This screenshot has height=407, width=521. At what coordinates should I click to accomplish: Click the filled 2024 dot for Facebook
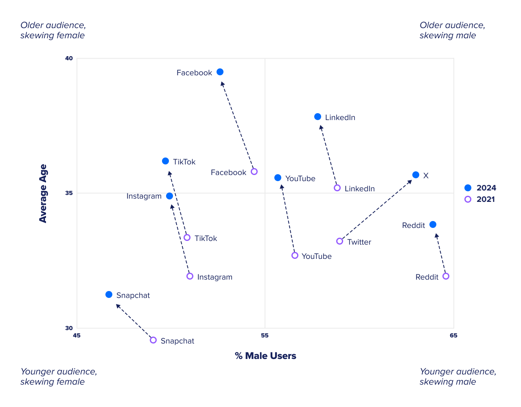pos(220,72)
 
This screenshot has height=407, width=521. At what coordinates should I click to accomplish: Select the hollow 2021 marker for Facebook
pos(254,172)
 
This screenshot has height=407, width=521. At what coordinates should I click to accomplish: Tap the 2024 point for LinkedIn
pos(317,117)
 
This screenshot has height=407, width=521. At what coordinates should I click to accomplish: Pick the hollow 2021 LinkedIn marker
pos(337,188)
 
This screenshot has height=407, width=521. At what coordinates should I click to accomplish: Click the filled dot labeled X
pos(416,175)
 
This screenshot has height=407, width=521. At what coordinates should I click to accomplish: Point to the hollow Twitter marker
pos(339,241)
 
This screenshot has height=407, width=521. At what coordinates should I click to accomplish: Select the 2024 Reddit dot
pos(433,225)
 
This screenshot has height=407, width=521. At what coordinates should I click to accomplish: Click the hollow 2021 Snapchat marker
pos(153,340)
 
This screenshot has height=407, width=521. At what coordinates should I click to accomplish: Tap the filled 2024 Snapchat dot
pos(109,295)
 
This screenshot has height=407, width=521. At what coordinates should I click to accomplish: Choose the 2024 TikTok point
pos(165,161)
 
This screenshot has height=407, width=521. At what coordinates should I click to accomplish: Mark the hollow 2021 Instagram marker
pos(190,276)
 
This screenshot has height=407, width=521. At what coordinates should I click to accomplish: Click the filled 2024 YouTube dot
pos(278,178)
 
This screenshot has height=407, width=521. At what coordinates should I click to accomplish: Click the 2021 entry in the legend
pos(480,199)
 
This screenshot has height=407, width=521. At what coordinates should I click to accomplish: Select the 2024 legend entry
pos(480,188)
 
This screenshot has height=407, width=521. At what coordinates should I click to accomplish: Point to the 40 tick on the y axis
pos(69,59)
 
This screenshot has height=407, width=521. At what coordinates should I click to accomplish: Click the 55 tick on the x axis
pos(265,336)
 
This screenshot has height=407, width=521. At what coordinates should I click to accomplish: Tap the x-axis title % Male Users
pos(265,356)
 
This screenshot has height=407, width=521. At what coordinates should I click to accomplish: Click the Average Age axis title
pos(43,193)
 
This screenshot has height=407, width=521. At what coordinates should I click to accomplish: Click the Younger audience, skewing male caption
pos(458,376)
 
